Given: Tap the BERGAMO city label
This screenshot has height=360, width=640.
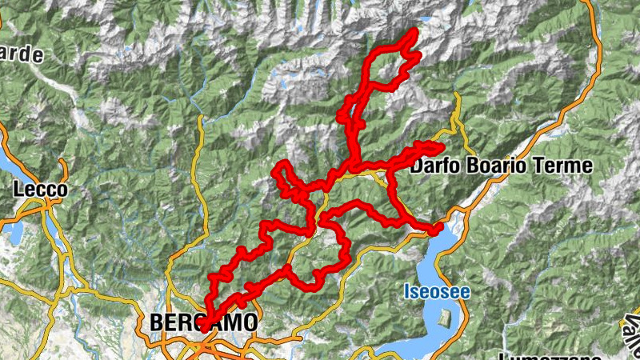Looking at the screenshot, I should click(x=204, y=322).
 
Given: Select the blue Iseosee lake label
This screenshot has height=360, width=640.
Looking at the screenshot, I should click(x=436, y=292).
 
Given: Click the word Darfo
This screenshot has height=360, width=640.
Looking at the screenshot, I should click(x=438, y=166).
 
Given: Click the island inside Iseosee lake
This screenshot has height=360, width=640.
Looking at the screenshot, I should click(x=445, y=318).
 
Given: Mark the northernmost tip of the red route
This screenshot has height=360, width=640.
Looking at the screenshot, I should click(x=415, y=31).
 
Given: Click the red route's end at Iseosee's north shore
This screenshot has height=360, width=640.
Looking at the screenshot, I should click(x=437, y=229).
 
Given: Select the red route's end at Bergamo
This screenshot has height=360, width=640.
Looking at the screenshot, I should click(x=205, y=326).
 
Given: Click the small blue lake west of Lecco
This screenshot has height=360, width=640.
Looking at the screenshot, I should click(x=14, y=232).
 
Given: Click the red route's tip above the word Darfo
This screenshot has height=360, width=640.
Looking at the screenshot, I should click(x=438, y=146).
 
